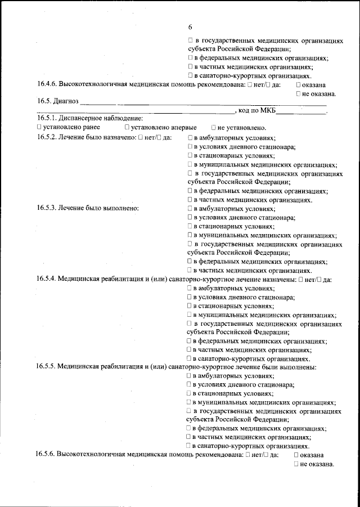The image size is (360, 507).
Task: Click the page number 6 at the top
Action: pos(190,27)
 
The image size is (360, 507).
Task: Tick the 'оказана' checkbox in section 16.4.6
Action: pos(298,85)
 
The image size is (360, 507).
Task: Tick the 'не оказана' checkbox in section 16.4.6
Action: pos(298,94)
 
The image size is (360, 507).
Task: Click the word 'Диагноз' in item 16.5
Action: pos(65,102)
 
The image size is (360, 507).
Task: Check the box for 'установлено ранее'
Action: pos(39,128)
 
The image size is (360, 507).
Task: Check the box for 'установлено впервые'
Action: pos(127,128)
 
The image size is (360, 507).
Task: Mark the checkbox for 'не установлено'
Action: pos(214,128)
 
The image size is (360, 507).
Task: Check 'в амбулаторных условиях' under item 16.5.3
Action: pos(191,208)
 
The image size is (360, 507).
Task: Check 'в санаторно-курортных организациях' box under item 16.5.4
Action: pos(191,358)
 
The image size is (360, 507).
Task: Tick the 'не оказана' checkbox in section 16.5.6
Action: pos(296,464)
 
